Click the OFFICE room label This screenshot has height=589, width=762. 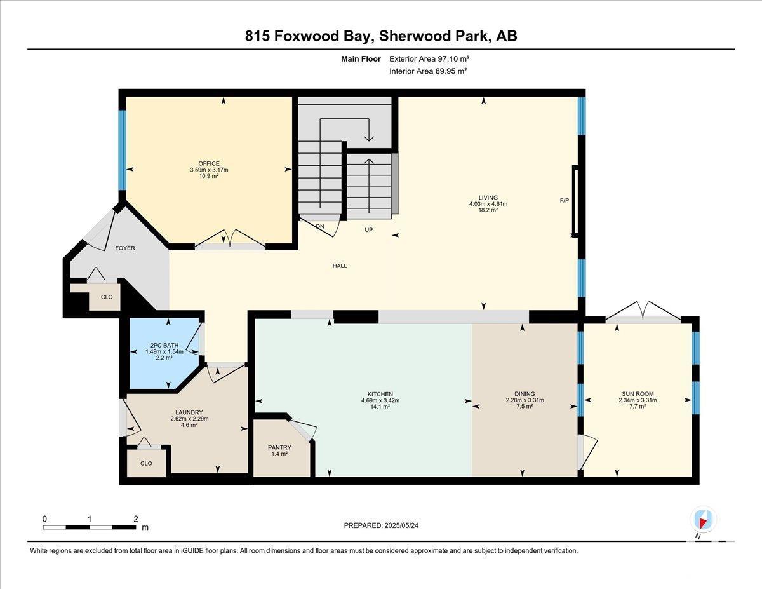(209, 163)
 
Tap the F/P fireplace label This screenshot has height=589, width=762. (565, 201)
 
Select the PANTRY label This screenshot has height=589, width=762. (279, 447)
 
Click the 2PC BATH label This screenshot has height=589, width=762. (164, 345)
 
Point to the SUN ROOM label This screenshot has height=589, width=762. (638, 393)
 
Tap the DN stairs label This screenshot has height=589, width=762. (320, 227)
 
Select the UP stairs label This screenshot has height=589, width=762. (368, 230)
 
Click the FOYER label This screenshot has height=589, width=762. (125, 248)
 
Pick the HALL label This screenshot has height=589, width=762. (340, 266)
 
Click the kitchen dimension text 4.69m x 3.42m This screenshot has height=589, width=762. (380, 400)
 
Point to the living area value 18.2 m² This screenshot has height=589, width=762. (488, 210)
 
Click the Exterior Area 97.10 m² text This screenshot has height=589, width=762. (429, 58)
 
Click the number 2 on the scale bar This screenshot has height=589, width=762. (136, 519)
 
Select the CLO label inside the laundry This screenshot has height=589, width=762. (146, 463)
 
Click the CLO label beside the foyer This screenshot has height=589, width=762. (107, 297)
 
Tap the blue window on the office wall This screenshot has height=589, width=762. (122, 150)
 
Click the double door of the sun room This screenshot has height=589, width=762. (643, 312)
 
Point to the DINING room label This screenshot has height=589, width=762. (525, 393)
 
